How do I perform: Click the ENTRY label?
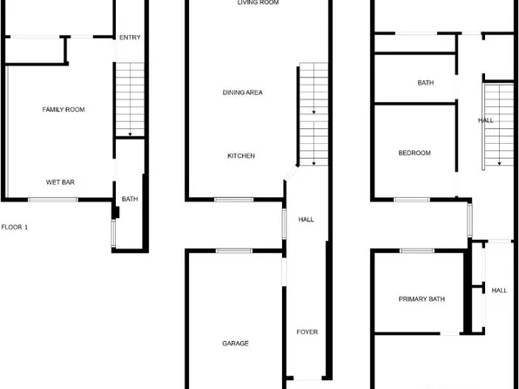click(x=130, y=38)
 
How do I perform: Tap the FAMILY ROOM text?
click(x=64, y=109)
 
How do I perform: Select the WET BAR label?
click(x=59, y=182)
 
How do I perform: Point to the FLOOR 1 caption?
click(x=15, y=227)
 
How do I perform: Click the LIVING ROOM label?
click(x=258, y=3)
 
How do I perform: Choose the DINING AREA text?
click(x=243, y=92)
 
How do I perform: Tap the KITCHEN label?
click(x=241, y=156)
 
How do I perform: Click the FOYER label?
click(x=307, y=332)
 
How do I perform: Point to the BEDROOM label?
click(x=415, y=153)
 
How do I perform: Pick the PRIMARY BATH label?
click(x=421, y=299)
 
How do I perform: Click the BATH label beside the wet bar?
click(x=130, y=200)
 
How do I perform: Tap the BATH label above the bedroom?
click(x=425, y=84)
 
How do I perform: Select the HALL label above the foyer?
click(x=306, y=220)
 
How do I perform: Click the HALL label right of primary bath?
click(x=499, y=290)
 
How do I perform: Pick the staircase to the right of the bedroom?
click(x=497, y=125)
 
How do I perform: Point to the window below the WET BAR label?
click(x=53, y=200)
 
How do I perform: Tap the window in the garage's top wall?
click(x=233, y=251)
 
